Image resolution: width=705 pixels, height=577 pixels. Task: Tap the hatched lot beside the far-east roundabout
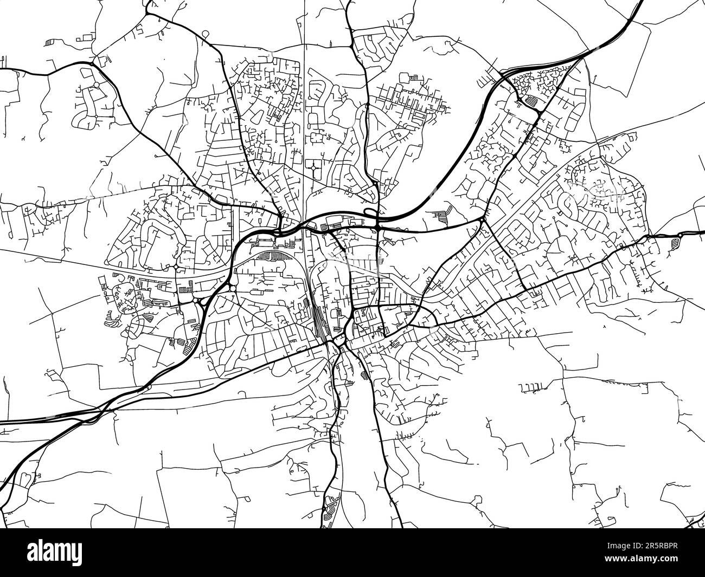pyautogui.click(x=676, y=242)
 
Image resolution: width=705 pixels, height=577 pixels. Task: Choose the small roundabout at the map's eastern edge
pyautogui.click(x=680, y=234)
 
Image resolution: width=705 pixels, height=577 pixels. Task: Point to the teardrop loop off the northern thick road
pyautogui.click(x=205, y=34)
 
